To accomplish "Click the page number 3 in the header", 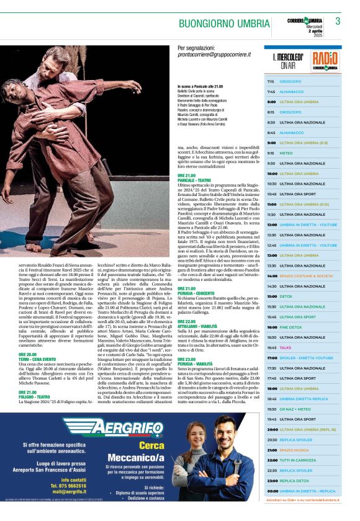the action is (338, 22).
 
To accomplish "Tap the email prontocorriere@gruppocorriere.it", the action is (215, 55).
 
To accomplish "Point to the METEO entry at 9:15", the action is (286, 153).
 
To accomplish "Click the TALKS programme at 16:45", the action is (286, 347).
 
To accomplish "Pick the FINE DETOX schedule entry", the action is (290, 327).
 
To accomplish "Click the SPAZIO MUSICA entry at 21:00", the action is (294, 450).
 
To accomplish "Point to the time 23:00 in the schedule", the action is (272, 481).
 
